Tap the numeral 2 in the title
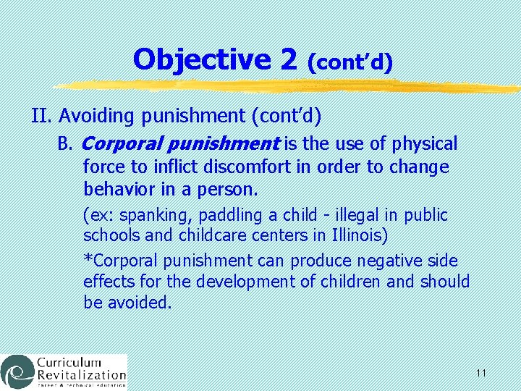(289, 59)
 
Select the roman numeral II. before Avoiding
(43, 116)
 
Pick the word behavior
(117, 190)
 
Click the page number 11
(481, 373)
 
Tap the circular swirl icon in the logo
(16, 371)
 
